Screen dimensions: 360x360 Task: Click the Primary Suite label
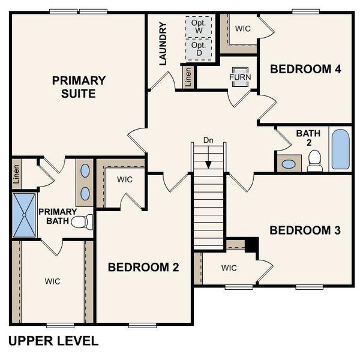(x=79, y=86)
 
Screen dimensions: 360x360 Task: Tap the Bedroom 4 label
(x=305, y=69)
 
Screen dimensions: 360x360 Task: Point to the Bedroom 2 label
(x=143, y=267)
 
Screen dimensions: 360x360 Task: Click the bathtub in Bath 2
(x=340, y=149)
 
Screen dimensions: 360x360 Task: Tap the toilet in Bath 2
(x=314, y=160)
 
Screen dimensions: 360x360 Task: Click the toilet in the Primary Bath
(x=82, y=222)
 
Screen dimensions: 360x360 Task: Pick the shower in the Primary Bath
(x=25, y=214)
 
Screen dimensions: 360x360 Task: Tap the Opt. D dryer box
(x=199, y=49)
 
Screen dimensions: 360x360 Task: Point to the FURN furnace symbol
(x=240, y=77)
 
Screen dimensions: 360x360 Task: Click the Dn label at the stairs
(x=208, y=140)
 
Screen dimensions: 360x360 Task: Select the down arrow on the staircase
(x=208, y=162)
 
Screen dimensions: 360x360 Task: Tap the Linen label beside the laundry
(x=188, y=77)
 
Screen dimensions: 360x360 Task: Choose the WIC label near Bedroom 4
(x=243, y=28)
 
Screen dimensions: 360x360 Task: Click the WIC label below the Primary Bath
(x=52, y=280)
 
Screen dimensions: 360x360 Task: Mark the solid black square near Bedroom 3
(x=251, y=245)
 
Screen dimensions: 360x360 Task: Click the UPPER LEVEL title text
(x=53, y=341)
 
